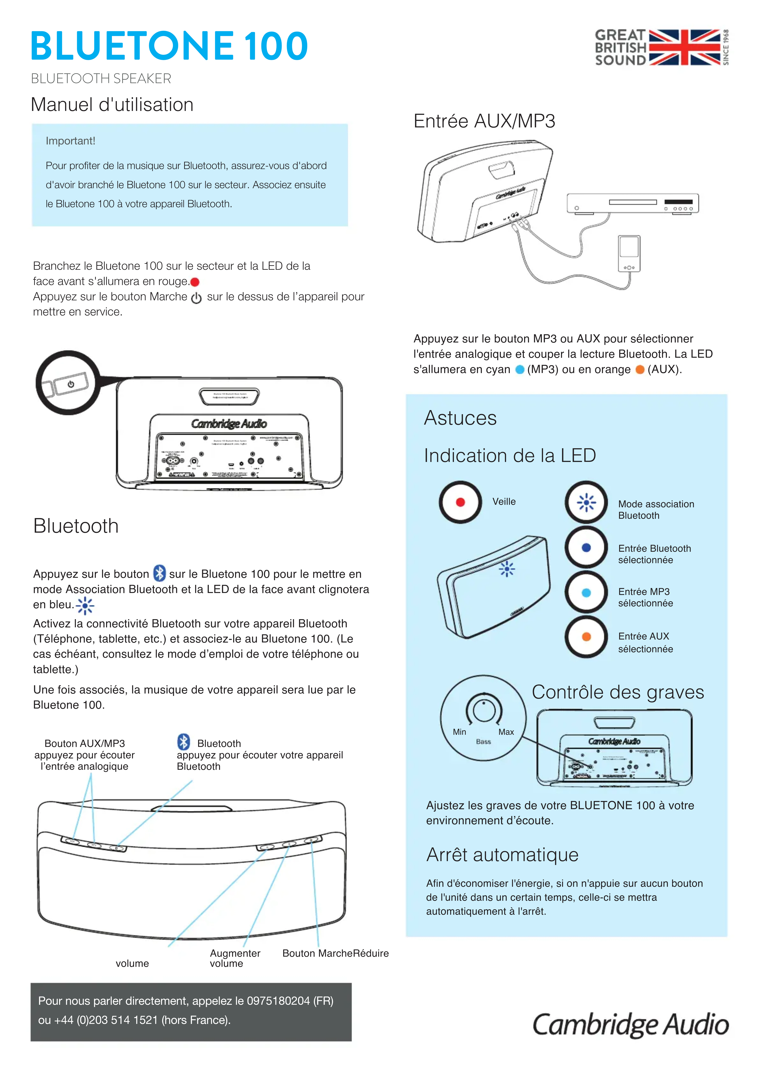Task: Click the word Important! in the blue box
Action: [x=71, y=141]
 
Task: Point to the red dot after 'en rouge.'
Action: [x=195, y=282]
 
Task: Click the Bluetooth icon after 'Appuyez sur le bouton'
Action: [x=160, y=573]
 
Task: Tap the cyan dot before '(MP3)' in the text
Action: [x=519, y=370]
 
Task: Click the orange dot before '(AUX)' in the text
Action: [x=640, y=370]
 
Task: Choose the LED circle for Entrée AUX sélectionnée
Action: [x=586, y=637]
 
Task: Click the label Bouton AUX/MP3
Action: [x=85, y=744]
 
